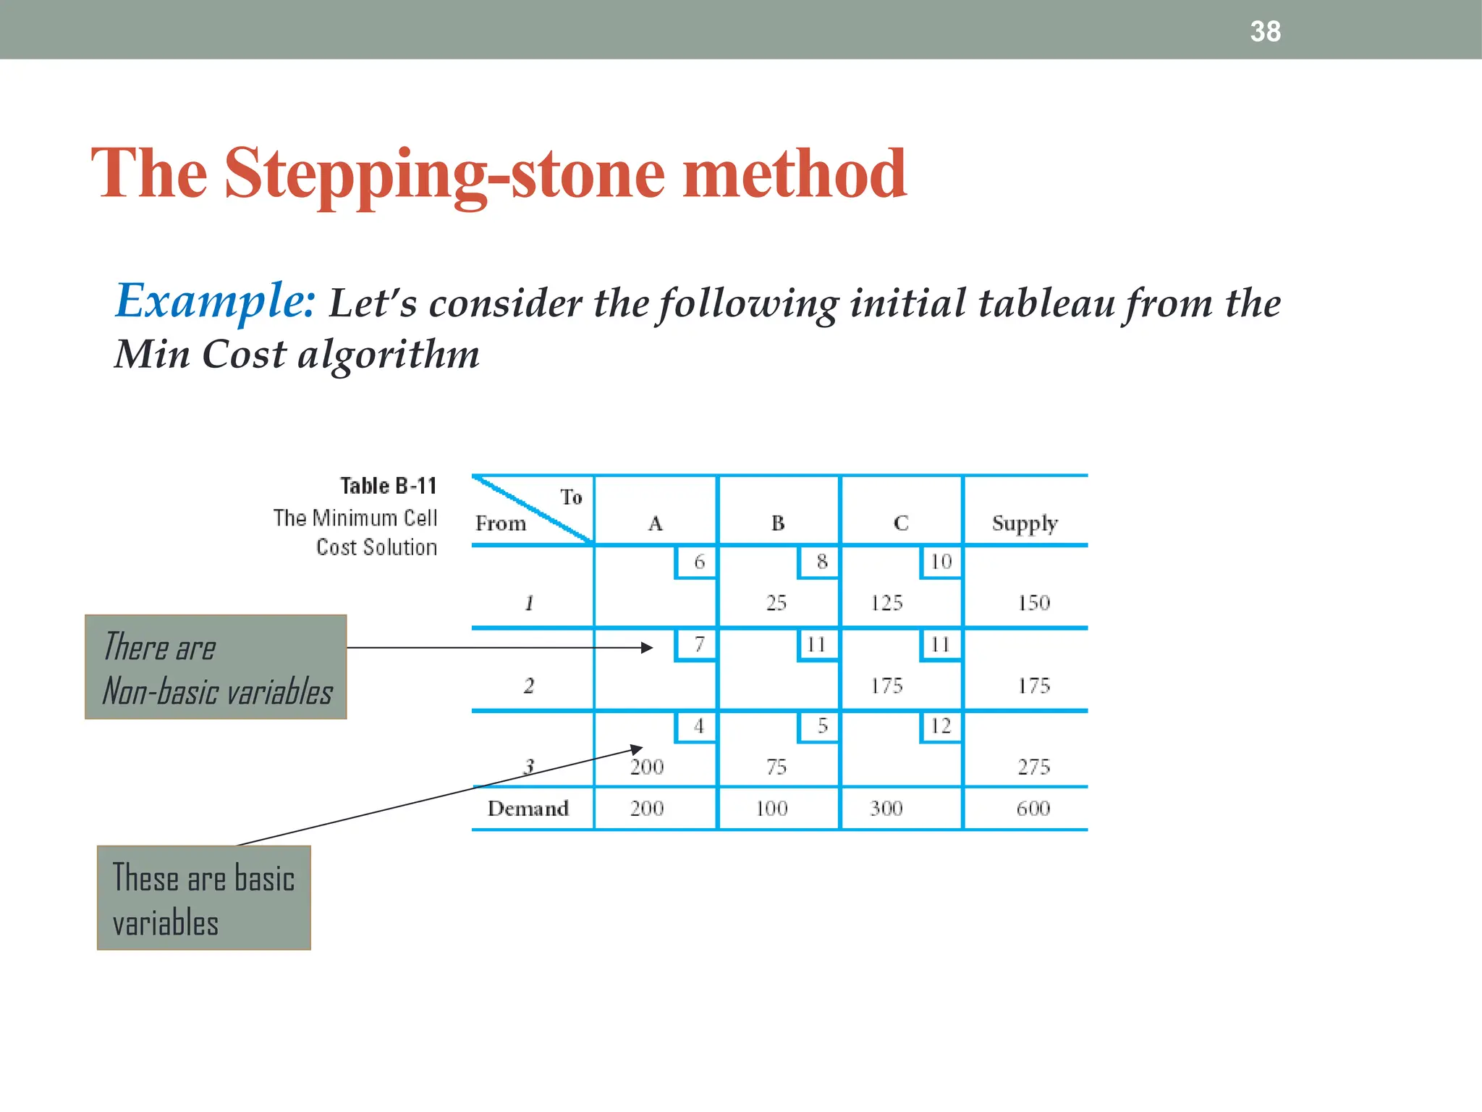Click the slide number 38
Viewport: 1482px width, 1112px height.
[x=1265, y=32]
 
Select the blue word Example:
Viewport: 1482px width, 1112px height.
[x=215, y=300]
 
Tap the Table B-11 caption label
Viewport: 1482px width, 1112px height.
[x=389, y=486]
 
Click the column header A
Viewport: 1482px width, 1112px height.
[x=655, y=523]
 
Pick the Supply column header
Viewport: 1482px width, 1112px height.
[x=1025, y=523]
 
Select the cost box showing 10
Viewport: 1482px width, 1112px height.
[x=941, y=562]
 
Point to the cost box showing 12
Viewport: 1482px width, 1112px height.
[x=941, y=726]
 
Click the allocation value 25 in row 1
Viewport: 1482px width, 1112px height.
[x=776, y=602]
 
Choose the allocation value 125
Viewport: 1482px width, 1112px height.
[x=886, y=602]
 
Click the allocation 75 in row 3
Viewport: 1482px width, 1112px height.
[x=776, y=767]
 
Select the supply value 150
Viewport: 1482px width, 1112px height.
[x=1033, y=602]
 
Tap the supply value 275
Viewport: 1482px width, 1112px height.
[x=1033, y=767]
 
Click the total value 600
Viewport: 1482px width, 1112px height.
[x=1033, y=808]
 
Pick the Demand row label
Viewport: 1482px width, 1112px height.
[x=528, y=808]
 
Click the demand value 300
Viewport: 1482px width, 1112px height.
[x=886, y=808]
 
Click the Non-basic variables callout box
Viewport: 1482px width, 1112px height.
[x=216, y=667]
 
